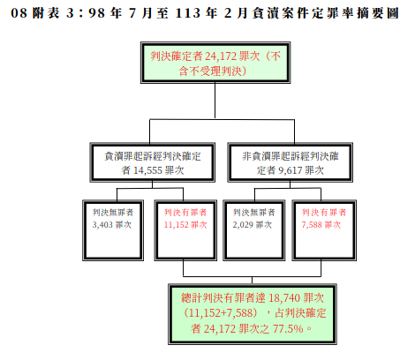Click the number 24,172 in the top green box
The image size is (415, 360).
pyautogui.click(x=220, y=56)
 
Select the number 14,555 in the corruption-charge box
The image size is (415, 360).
pyautogui.click(x=147, y=170)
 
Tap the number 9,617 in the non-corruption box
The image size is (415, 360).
pyautogui.click(x=290, y=170)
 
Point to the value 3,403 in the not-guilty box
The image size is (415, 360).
pyautogui.click(x=102, y=225)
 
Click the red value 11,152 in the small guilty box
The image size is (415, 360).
pyautogui.click(x=177, y=225)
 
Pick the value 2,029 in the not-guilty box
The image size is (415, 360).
pyautogui.click(x=243, y=225)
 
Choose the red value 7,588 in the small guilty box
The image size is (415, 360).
pyautogui.click(x=312, y=225)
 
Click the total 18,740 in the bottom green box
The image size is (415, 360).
pyautogui.click(x=284, y=298)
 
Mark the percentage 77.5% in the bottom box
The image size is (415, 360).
pyautogui.click(x=288, y=329)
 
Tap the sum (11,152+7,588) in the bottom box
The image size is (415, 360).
pyautogui.click(x=221, y=313)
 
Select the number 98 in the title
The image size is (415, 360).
pyautogui.click(x=96, y=13)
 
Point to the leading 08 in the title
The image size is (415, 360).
pyautogui.click(x=19, y=13)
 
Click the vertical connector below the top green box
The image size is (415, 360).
pyautogui.click(x=215, y=101)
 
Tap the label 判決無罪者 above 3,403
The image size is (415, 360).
pyautogui.click(x=113, y=213)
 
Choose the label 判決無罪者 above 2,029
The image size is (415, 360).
pyautogui.click(x=253, y=213)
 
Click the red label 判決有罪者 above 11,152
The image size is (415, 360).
pyautogui.click(x=185, y=213)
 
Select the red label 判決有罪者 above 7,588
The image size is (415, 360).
pyautogui.click(x=324, y=213)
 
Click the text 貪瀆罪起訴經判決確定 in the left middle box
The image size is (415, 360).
pyautogui.click(x=153, y=156)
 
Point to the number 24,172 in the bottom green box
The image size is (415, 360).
pyautogui.click(x=219, y=329)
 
